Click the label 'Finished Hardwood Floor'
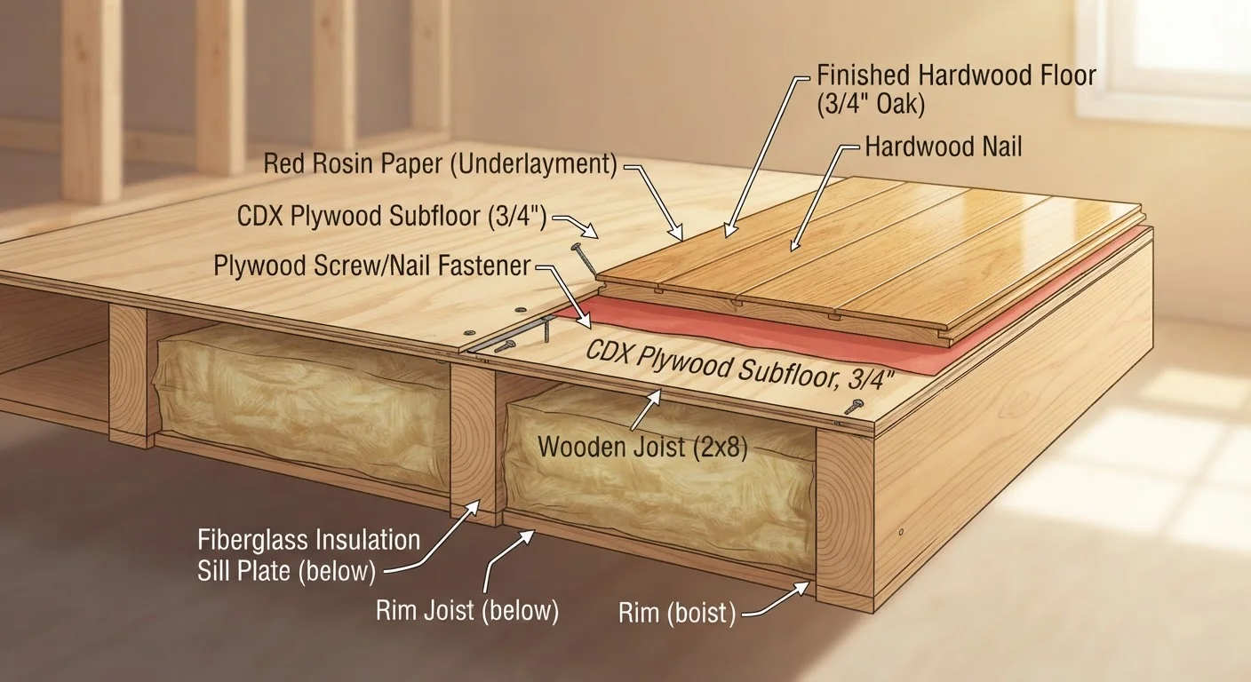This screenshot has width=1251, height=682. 956,75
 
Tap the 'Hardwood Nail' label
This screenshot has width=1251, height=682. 944,147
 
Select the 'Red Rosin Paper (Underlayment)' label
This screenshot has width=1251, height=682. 440,163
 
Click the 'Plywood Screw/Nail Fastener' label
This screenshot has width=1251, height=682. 372,266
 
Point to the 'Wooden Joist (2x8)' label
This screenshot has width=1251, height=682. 642,447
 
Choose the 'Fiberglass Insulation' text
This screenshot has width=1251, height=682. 309,540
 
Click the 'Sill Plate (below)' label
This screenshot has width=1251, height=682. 286,571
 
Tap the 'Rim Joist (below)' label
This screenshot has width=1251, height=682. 467,610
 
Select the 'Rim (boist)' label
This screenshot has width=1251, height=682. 677,613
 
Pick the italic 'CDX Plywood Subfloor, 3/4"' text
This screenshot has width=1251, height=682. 740,366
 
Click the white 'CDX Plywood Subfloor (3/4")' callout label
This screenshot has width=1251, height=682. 392,216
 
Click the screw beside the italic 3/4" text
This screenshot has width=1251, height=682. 854,407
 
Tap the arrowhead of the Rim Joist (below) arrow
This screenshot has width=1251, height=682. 527,535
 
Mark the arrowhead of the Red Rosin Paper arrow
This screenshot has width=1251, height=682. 677,234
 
